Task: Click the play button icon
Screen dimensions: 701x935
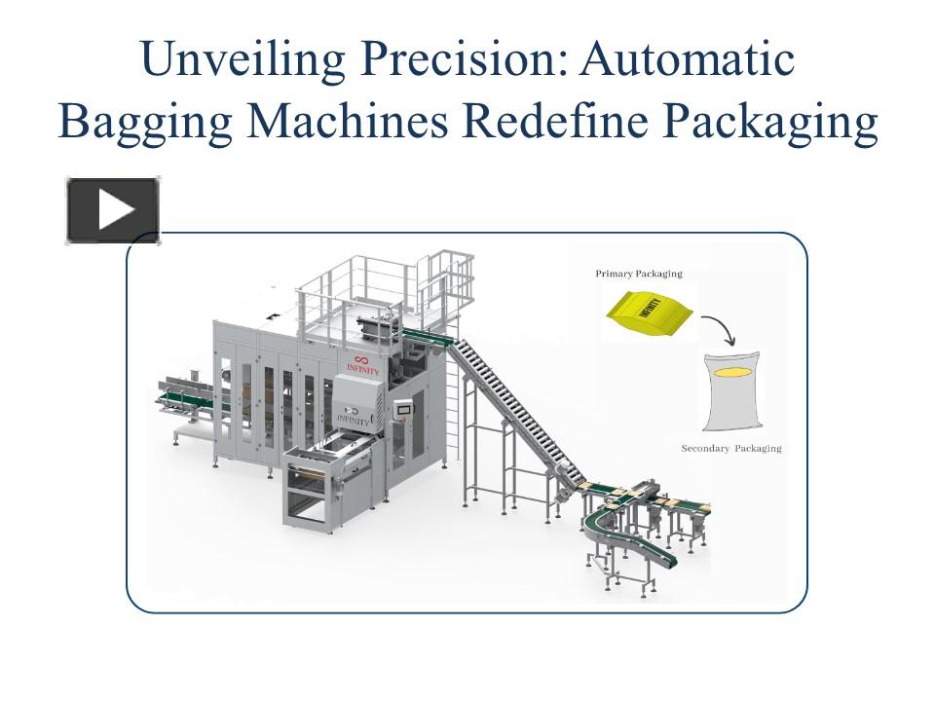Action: click(x=113, y=210)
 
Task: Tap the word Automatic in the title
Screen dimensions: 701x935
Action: click(x=688, y=59)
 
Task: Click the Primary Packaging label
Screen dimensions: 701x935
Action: click(x=638, y=275)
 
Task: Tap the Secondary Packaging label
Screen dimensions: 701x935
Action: click(x=730, y=449)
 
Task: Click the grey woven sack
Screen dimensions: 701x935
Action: click(x=732, y=394)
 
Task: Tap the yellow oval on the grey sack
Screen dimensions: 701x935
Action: click(x=732, y=372)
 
